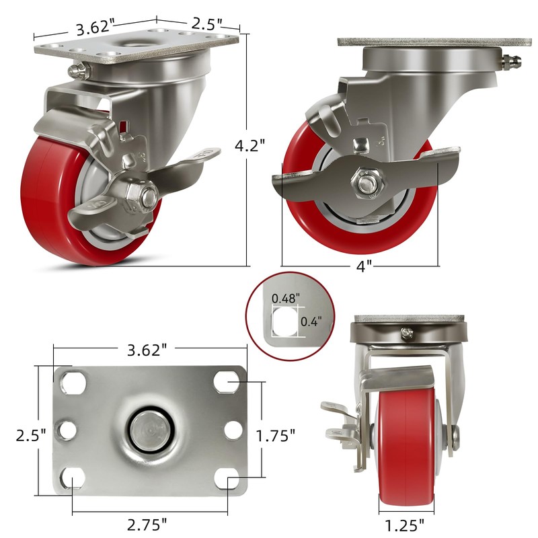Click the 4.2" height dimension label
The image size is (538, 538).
click(249, 145)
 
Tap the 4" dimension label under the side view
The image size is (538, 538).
click(364, 266)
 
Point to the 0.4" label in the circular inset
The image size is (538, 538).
click(311, 321)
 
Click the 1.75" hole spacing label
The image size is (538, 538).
click(276, 436)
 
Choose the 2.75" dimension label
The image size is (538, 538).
click(147, 525)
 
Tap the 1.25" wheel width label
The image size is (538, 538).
click(405, 525)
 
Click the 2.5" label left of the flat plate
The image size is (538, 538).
click(31, 436)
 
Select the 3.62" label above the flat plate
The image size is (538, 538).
click(147, 350)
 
